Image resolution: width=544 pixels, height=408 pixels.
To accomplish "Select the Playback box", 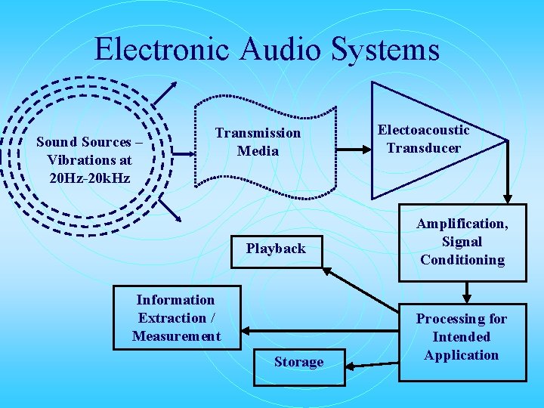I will (276, 249).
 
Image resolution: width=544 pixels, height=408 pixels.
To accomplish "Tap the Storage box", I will (298, 362).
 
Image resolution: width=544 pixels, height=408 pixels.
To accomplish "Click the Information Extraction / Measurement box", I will (176, 318).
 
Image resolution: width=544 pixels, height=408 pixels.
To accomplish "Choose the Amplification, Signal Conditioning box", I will (462, 242).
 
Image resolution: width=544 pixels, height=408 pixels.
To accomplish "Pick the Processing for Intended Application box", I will (462, 337).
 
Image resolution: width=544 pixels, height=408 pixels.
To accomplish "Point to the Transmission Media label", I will (258, 142).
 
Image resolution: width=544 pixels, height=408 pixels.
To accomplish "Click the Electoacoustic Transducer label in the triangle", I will (423, 139).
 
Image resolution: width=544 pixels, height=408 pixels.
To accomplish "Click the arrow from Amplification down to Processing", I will (465, 292).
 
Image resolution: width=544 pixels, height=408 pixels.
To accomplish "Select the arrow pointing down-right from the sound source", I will (168, 210).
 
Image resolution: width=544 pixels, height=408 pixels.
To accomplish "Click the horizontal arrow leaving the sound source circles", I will (181, 153).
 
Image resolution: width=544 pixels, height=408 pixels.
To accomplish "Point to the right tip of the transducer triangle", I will (505, 141).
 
